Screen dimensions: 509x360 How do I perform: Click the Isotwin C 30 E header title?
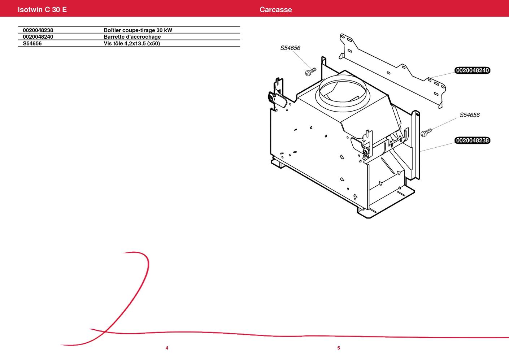(x=42, y=9)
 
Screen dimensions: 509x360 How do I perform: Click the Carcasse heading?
(x=276, y=9)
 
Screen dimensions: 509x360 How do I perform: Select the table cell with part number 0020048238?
(x=38, y=30)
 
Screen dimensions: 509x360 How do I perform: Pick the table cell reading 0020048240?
(x=38, y=37)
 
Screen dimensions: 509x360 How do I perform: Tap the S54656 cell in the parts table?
(x=32, y=43)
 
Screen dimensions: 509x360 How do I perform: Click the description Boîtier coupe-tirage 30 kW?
(x=138, y=30)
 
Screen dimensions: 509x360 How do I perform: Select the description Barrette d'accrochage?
(x=132, y=37)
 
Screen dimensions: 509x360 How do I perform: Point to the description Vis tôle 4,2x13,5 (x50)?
(x=132, y=43)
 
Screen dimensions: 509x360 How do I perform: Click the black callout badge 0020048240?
(x=473, y=70)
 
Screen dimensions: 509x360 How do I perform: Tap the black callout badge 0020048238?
(x=473, y=140)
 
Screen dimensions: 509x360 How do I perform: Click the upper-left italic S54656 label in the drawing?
(x=290, y=48)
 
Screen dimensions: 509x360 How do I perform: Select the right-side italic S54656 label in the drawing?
(x=469, y=115)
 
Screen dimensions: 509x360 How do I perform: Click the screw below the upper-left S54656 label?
(x=310, y=71)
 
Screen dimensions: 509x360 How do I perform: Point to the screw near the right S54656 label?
(x=426, y=133)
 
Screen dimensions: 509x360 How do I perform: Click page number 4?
(x=167, y=348)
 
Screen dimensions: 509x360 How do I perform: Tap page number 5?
(x=339, y=348)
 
